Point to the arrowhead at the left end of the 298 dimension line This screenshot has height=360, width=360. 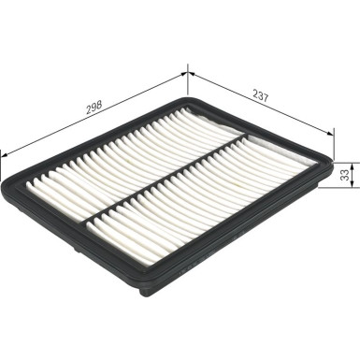[x=5, y=151]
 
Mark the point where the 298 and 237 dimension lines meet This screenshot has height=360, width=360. [x=188, y=67]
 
